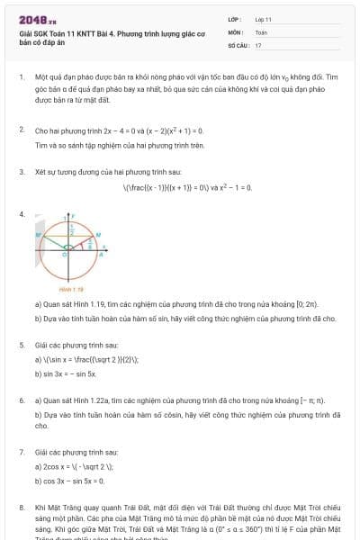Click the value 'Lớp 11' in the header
tap(263, 18)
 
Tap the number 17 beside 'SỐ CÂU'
tap(258, 44)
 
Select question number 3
tap(22, 171)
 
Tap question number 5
tap(22, 345)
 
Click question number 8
tap(22, 508)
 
